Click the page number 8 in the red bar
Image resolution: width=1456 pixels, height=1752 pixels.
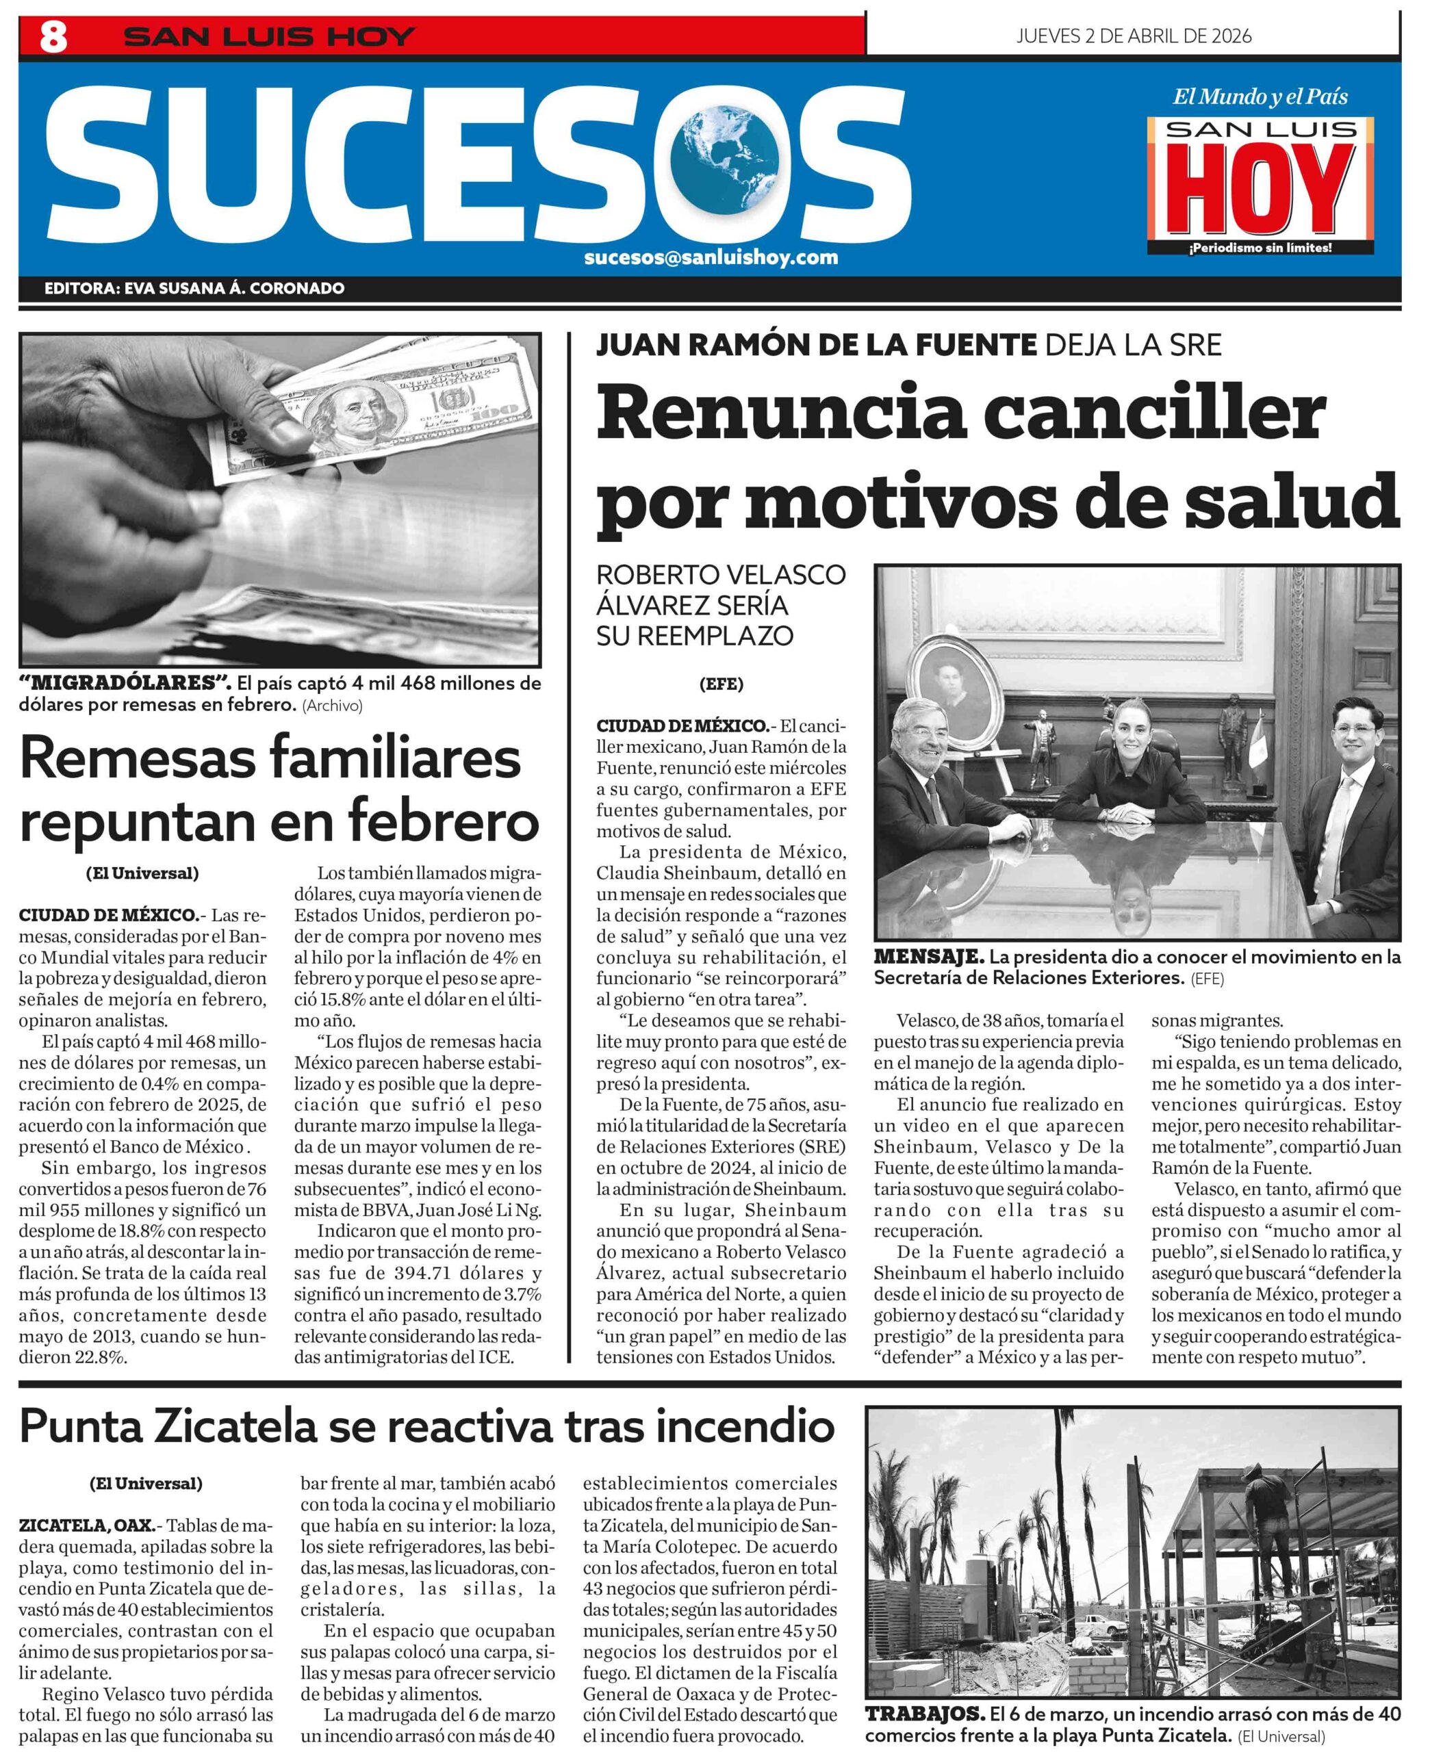53,37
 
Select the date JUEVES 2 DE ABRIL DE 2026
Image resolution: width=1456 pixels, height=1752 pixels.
1133,36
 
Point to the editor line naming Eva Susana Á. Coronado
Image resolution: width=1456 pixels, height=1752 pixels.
194,289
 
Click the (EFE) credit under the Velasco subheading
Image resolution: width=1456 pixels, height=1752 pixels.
721,684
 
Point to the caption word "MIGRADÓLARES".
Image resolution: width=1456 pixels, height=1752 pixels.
125,683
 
